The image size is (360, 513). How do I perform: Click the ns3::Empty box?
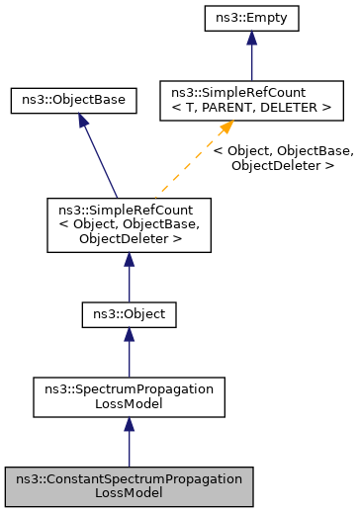coord(252,17)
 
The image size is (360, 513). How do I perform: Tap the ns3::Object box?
coord(129,315)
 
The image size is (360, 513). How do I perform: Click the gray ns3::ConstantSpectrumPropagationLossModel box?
coord(129,486)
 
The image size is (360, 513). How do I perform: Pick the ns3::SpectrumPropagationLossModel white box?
coord(129,396)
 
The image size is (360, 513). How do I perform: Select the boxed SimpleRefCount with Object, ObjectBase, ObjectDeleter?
coord(129,225)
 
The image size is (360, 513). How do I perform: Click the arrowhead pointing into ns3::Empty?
coord(252,38)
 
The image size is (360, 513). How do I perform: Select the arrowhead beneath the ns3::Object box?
coord(129,336)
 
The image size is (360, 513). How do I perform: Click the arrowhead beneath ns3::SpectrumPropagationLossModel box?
coord(129,424)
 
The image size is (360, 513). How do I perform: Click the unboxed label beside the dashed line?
coord(283,159)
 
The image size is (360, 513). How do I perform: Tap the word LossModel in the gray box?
coord(129,493)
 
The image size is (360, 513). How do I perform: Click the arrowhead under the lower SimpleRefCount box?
coord(129,260)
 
